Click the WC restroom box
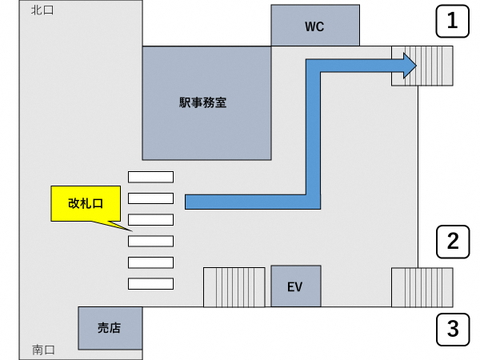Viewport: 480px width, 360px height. (314, 26)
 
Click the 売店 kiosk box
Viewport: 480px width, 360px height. (109, 327)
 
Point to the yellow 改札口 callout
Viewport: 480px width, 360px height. (86, 203)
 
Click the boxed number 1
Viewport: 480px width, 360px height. (453, 22)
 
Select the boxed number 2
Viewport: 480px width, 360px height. (453, 240)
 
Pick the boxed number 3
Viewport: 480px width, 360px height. (453, 328)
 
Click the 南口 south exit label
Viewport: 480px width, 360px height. (43, 350)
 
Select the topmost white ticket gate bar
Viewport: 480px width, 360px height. (150, 176)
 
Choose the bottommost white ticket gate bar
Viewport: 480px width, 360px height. (150, 282)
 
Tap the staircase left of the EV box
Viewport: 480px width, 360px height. (234, 286)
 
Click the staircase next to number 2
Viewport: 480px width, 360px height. (422, 286)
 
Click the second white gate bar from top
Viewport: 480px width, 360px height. (150, 198)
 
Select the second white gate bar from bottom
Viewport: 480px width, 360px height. (150, 262)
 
